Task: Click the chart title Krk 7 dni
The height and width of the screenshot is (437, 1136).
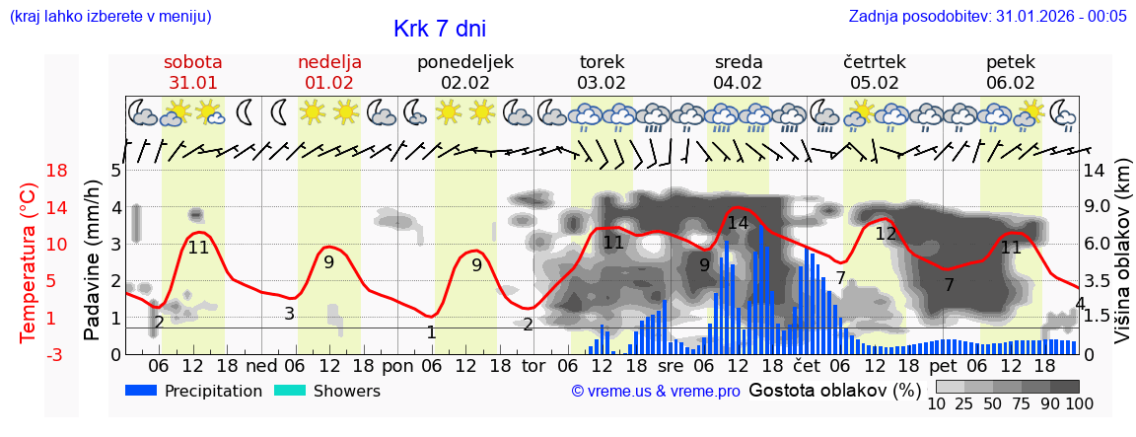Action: (x=439, y=29)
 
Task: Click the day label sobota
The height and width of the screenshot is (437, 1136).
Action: (x=192, y=62)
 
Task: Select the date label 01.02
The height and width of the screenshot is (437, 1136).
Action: (x=329, y=83)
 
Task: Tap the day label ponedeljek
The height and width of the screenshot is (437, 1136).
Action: (x=465, y=62)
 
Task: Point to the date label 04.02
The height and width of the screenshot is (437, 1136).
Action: (x=739, y=83)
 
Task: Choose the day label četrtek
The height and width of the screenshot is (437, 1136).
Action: (x=874, y=62)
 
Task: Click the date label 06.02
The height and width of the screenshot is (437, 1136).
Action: (x=1011, y=83)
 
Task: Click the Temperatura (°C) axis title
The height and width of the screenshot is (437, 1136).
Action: (x=29, y=262)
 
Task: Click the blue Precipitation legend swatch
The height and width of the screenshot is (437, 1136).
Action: (x=142, y=391)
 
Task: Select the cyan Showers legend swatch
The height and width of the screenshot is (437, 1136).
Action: (x=290, y=391)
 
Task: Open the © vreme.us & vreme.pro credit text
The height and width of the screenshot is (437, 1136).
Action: (x=656, y=392)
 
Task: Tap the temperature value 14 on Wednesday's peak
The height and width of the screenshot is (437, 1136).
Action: (x=738, y=223)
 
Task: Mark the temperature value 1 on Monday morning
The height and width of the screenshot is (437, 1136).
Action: (x=431, y=332)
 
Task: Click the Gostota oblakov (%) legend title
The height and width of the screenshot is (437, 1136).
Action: (x=834, y=390)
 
